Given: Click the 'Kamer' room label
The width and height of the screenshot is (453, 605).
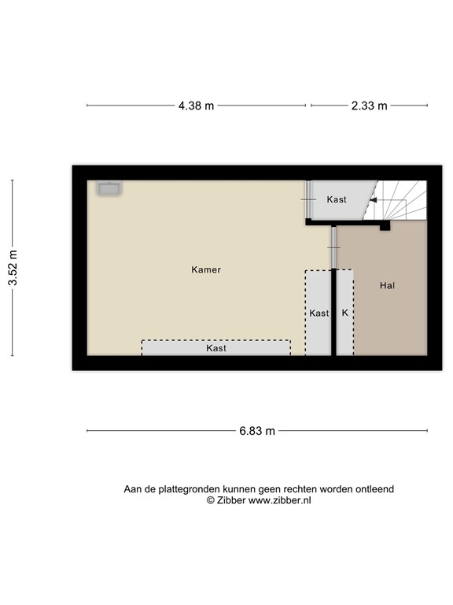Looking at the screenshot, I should point(206,269).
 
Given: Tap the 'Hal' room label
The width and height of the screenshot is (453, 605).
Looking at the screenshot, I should point(386,285).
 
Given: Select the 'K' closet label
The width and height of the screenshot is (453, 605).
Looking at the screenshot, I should point(344,313).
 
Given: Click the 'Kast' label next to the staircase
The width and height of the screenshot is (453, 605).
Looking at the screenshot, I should point(337,200).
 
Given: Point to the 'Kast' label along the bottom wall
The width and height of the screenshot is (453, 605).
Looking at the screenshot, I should point(216,347).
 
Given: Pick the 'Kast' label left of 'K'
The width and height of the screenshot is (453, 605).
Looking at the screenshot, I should point(319,313).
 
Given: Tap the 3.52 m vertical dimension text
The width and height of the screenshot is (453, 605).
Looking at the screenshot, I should point(13,269).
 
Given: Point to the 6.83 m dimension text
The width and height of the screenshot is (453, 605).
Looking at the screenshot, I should point(257,431).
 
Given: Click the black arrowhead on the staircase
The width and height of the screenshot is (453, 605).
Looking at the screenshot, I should point(374,201).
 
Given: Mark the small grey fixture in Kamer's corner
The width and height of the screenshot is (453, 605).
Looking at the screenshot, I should point(108,188).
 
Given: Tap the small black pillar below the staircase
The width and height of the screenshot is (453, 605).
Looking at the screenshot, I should point(385,227).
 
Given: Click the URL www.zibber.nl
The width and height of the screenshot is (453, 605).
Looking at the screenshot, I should point(280,500).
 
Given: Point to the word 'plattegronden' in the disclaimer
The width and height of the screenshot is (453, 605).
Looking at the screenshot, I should point(186,489).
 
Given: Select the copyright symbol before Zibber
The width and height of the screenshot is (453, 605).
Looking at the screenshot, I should point(210,500).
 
